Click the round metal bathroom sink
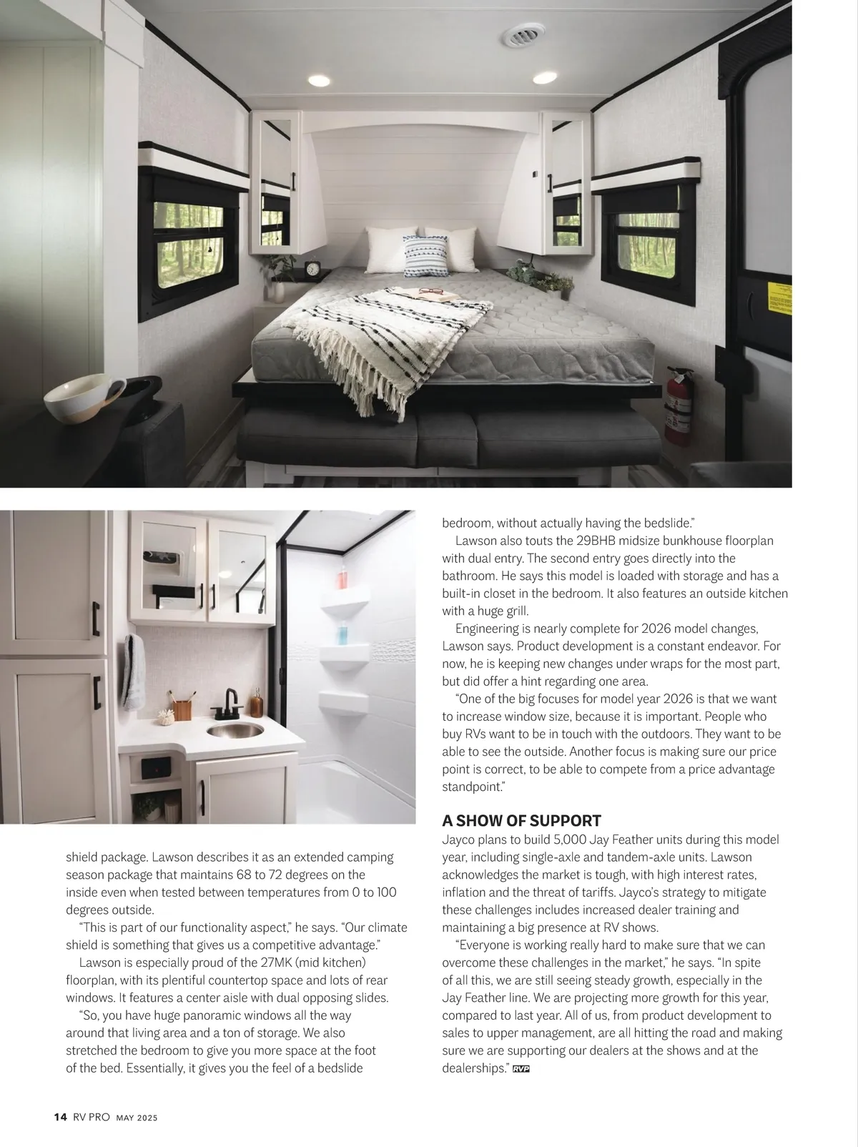[235, 729]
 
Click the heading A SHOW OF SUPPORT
[521, 820]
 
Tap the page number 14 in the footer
[60, 1117]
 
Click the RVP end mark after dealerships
[521, 1068]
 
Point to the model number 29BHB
[596, 541]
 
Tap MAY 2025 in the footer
[137, 1118]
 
